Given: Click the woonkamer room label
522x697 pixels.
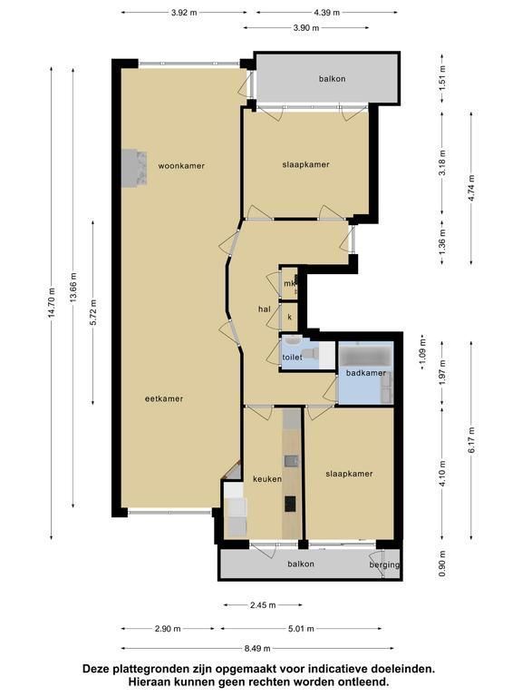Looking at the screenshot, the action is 181,166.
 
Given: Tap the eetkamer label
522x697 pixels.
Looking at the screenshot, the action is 164,398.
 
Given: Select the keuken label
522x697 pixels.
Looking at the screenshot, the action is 267,479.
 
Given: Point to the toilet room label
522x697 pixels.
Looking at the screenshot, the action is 292,357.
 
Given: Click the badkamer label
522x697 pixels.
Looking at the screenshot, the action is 366,373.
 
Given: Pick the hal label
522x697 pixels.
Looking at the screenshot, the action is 264,309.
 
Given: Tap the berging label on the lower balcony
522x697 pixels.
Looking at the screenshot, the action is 384,565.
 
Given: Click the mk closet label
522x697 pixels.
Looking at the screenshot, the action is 289,283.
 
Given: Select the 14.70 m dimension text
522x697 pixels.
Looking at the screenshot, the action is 52,303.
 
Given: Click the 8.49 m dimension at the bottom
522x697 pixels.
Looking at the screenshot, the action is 257,649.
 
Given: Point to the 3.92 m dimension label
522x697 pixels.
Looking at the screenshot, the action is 184,13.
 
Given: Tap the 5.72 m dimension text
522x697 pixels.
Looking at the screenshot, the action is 93,312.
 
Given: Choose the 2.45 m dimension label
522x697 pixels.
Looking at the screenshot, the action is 263,605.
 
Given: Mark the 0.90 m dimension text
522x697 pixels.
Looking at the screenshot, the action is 442,564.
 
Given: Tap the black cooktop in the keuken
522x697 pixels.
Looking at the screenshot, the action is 290,504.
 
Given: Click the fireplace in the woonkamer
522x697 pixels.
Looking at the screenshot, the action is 134,168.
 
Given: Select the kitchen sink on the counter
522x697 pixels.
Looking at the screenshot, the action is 291,461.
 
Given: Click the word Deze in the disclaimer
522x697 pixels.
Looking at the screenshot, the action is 94,669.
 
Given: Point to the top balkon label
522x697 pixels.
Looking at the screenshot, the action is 332,79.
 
